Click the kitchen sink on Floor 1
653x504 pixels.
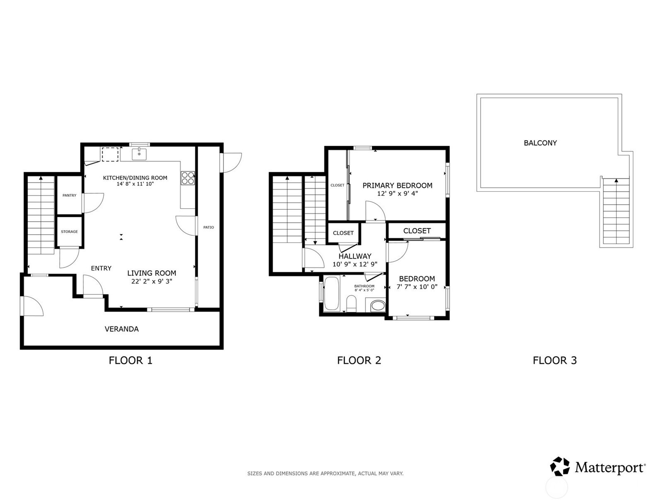coord(139,154)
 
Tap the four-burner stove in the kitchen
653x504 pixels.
coord(188,178)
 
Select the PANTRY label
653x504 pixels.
coord(70,195)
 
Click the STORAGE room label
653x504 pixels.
coord(70,232)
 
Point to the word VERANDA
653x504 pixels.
coord(122,329)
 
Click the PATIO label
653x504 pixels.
coord(208,227)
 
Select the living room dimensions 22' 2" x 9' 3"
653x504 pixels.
coord(152,282)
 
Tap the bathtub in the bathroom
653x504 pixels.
coord(331,294)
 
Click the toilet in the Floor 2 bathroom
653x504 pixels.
coord(351,304)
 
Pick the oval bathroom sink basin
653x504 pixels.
coord(378,306)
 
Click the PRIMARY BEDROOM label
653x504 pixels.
coord(398,186)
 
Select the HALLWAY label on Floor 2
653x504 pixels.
coord(355,256)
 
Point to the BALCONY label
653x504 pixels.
coord(540,143)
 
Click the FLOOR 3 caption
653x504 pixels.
coord(555,360)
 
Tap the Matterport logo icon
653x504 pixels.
coord(560,466)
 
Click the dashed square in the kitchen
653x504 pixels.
coord(110,154)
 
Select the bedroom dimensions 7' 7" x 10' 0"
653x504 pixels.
coord(417,287)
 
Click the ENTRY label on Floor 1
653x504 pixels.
coord(101,268)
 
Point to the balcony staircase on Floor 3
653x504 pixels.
coord(616,211)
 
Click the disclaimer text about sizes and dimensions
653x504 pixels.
coord(325,474)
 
